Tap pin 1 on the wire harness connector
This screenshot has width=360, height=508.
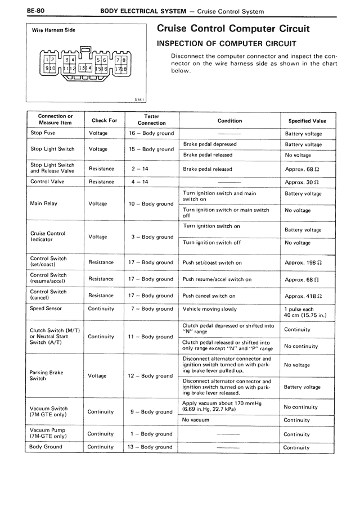pyautogui.click(x=47, y=59)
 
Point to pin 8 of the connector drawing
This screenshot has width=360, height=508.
pyautogui.click(x=123, y=60)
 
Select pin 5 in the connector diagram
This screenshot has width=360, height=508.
pyautogui.click(x=98, y=60)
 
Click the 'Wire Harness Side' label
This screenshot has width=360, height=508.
pyautogui.click(x=53, y=30)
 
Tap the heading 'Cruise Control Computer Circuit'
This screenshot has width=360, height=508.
pyautogui.click(x=233, y=29)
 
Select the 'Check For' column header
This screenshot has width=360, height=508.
pyautogui.click(x=104, y=120)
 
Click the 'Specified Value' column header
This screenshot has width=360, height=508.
pyautogui.click(x=307, y=121)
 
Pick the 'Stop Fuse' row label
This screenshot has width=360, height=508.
pyautogui.click(x=43, y=133)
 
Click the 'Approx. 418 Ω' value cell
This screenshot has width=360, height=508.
pyautogui.click(x=302, y=296)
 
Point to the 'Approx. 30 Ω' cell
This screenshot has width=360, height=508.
pyautogui.click(x=302, y=182)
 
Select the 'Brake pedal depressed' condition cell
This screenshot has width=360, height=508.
pyautogui.click(x=210, y=144)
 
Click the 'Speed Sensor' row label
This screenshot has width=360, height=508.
pyautogui.click(x=46, y=309)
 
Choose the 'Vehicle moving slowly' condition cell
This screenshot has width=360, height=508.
pyautogui.click(x=210, y=309)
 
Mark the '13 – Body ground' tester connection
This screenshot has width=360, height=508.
pyautogui.click(x=151, y=447)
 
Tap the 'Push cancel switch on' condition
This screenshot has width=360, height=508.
pyautogui.click(x=209, y=296)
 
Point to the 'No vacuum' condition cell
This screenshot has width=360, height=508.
pyautogui.click(x=196, y=420)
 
